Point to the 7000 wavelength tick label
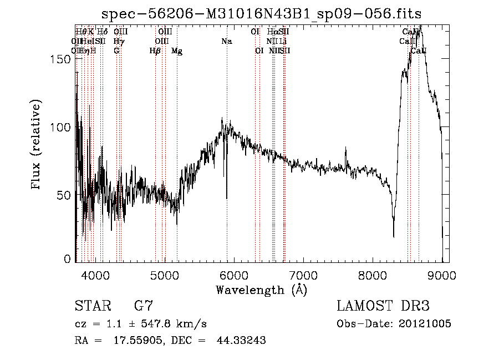tap(303, 275)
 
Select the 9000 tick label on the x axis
tap(442, 275)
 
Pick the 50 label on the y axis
tap(65, 195)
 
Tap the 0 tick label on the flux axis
tap(68, 259)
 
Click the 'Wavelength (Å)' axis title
tap(261, 290)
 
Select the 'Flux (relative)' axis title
tap(38, 146)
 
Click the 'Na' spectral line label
tap(226, 41)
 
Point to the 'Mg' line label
tap(177, 51)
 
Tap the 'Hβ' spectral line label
tap(155, 51)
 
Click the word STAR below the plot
tap(91, 306)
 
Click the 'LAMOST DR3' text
tap(383, 306)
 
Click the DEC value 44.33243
tap(241, 341)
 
